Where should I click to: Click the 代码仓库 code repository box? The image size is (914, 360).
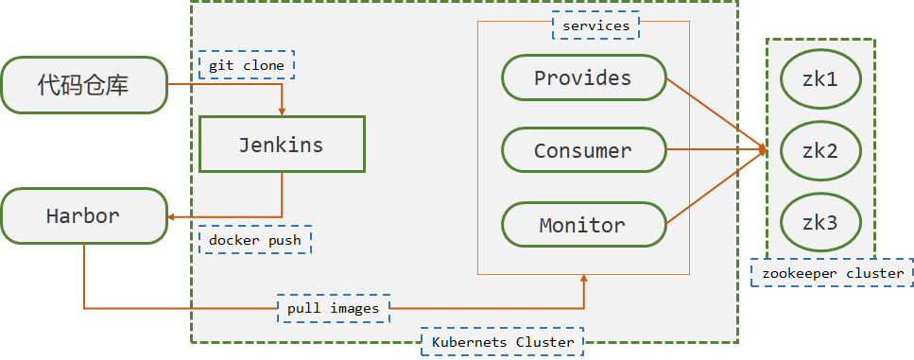coord(84,85)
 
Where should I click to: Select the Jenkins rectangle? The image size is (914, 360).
coord(282,144)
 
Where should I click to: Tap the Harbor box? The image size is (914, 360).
coord(84,216)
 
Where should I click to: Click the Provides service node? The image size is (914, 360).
coord(583,77)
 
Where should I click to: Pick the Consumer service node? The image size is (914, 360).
coord(583,150)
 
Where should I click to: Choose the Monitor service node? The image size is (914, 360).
coord(583,224)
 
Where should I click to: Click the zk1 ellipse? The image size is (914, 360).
coord(820,79)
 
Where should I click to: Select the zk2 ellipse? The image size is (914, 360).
coord(820,151)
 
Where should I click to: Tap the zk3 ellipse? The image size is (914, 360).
coord(820,223)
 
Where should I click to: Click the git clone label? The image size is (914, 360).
coord(247,64)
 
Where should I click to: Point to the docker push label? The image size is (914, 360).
coord(255,239)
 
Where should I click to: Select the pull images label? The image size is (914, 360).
coord(334,308)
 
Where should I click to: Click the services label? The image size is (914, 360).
coord(596,26)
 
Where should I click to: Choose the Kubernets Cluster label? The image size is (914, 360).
coord(503,342)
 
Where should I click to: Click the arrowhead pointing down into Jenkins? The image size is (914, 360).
coord(282,111)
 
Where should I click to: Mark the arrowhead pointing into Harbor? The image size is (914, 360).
coord(173,216)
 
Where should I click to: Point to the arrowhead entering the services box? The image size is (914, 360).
coord(583,280)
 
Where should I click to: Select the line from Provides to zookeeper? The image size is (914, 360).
coord(716,113)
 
